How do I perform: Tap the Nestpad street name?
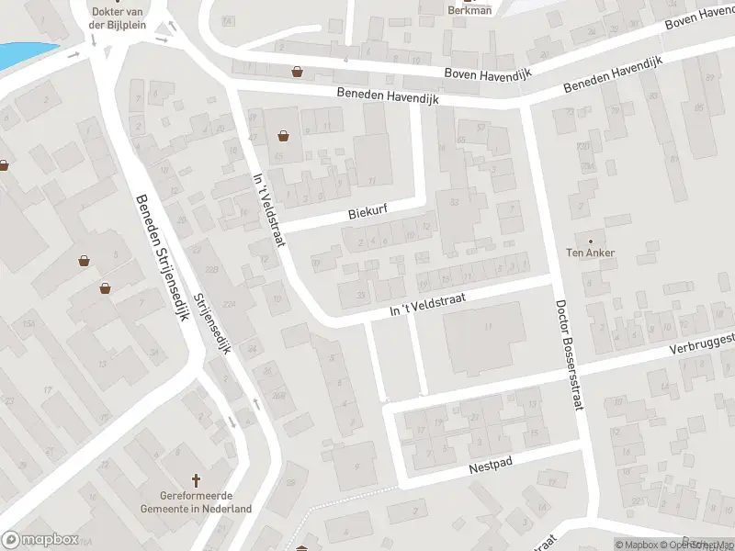[x=488, y=467]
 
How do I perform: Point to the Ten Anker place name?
[x=590, y=253]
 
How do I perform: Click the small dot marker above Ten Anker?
[x=590, y=241]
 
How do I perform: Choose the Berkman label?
[x=469, y=10]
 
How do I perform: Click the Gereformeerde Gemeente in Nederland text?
[x=196, y=501]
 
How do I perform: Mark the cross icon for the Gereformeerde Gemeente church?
[x=196, y=480]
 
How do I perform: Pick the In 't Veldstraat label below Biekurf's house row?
[x=428, y=304]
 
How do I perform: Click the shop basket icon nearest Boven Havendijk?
[x=297, y=71]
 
